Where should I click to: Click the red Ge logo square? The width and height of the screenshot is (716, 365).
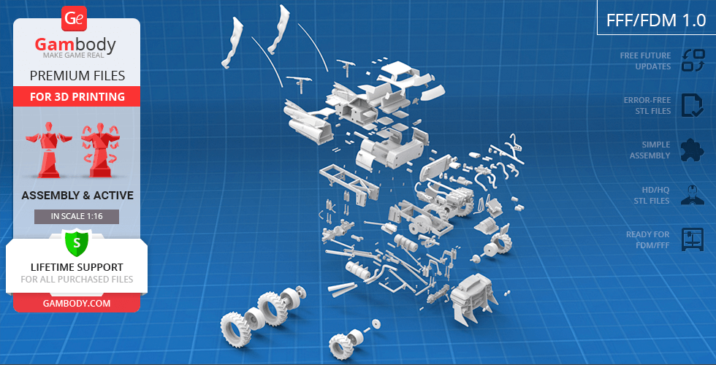click(x=74, y=19)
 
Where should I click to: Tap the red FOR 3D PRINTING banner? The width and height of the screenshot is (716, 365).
click(x=77, y=96)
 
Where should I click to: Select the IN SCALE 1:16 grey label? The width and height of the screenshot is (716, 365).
click(x=77, y=217)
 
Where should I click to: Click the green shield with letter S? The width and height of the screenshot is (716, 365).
click(x=77, y=242)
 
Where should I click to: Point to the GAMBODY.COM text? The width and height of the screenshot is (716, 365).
click(x=77, y=304)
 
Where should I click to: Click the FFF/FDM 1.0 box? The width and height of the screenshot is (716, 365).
click(x=656, y=20)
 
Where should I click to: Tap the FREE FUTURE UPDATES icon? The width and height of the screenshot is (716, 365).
click(x=693, y=61)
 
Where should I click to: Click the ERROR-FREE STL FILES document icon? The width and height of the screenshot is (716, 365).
click(x=693, y=105)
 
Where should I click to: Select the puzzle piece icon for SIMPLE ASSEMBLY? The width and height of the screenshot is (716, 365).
click(x=693, y=150)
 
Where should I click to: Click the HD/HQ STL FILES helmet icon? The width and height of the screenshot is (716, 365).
click(x=693, y=194)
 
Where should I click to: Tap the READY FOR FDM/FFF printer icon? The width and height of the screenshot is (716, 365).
click(x=693, y=239)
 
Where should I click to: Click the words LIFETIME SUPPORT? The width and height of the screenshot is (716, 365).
click(x=77, y=267)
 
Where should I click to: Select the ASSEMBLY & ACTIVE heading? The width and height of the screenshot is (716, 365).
click(x=77, y=196)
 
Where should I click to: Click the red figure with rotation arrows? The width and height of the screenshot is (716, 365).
click(x=101, y=150)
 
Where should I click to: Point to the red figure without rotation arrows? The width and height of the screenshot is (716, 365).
click(x=49, y=150)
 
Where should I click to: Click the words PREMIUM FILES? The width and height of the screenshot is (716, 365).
click(x=77, y=75)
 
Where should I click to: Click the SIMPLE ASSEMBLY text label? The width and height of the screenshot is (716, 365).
click(x=650, y=150)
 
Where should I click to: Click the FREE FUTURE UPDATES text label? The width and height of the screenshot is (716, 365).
click(x=645, y=61)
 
